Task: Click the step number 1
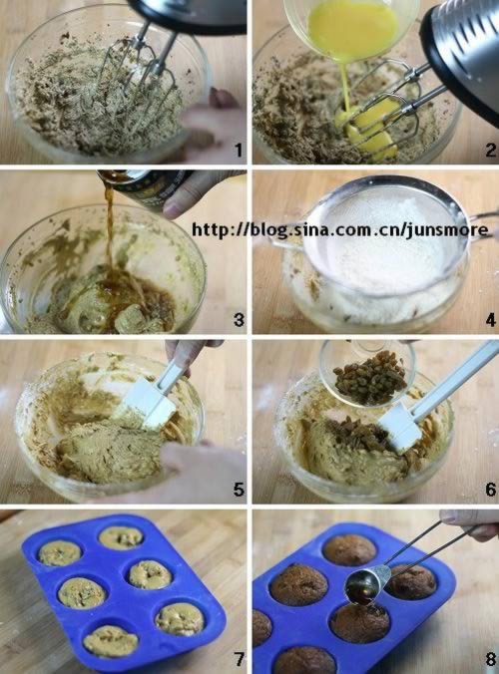(x=239, y=150)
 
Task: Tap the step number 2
(x=491, y=150)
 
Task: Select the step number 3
(x=239, y=320)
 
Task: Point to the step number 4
(x=491, y=320)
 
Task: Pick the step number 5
(x=239, y=490)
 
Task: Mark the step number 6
(x=491, y=490)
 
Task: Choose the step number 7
(x=239, y=658)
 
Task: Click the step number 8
(x=491, y=658)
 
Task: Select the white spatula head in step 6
(x=400, y=430)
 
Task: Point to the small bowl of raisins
(x=368, y=372)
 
